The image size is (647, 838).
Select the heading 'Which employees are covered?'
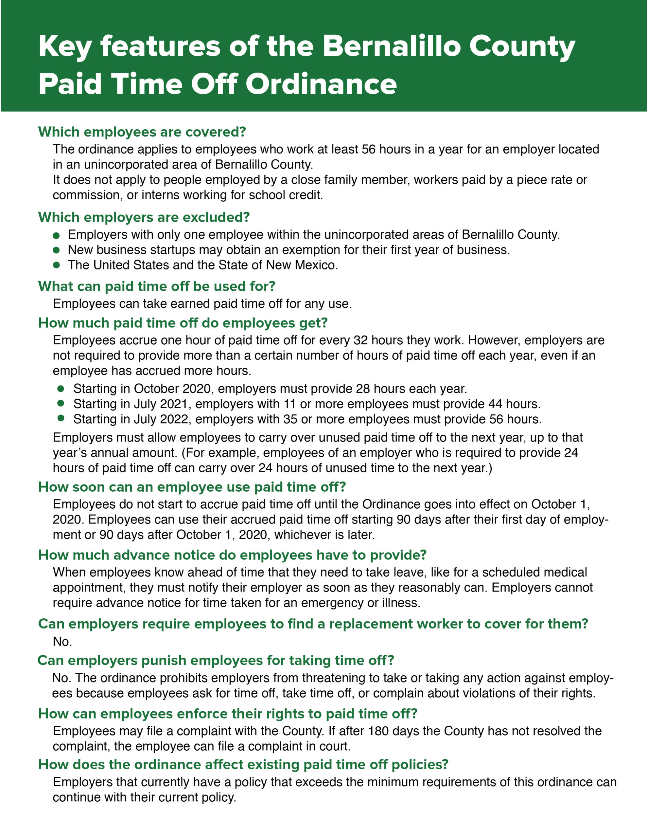tap(142, 132)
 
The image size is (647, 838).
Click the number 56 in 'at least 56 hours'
tap(369, 149)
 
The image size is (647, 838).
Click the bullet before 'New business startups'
tap(56, 250)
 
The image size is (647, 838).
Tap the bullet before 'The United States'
tap(56, 265)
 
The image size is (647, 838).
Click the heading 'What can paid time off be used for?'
tap(156, 286)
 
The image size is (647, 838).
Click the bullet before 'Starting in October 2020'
tap(61, 389)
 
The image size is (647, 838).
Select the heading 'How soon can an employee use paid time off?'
tap(192, 487)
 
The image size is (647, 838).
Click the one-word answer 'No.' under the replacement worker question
tap(62, 642)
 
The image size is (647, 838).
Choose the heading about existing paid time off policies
tap(243, 764)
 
